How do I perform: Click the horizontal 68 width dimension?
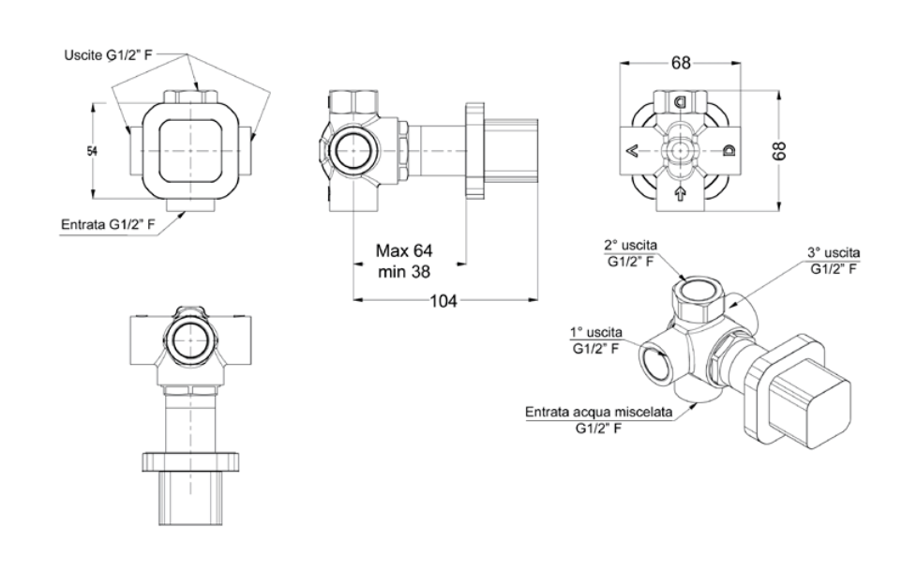681,64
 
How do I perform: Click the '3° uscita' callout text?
834,253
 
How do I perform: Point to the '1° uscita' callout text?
595,333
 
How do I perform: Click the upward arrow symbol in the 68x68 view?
680,195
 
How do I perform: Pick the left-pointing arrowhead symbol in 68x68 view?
633,150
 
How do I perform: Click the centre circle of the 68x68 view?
681,150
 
